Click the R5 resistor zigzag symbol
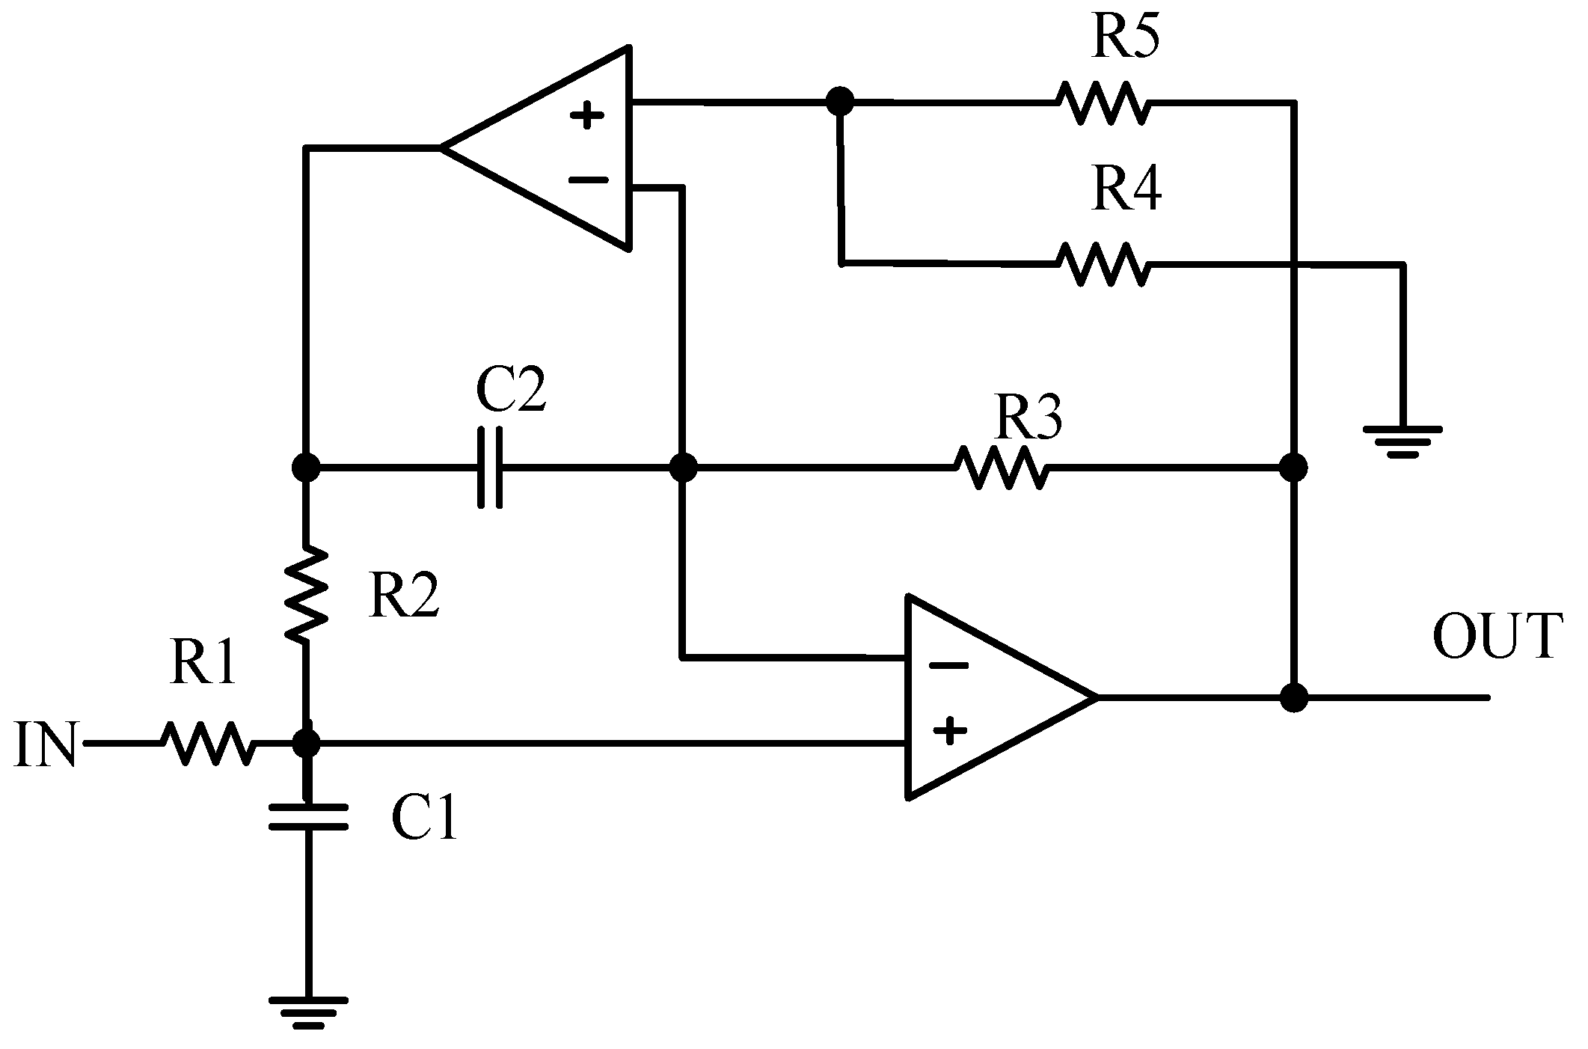pyautogui.click(x=1103, y=103)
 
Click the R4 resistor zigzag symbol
pyautogui.click(x=1103, y=263)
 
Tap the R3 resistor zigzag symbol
pyautogui.click(x=1001, y=468)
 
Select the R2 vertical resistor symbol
pyautogui.click(x=306, y=593)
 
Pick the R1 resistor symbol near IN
pyautogui.click(x=208, y=743)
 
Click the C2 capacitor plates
pyautogui.click(x=490, y=468)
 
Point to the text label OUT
pyautogui.click(x=1497, y=637)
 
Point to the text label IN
pyautogui.click(x=45, y=744)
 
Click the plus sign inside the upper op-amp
pyautogui.click(x=587, y=116)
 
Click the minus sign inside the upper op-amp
pyautogui.click(x=588, y=180)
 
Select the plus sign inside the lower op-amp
pyautogui.click(x=950, y=731)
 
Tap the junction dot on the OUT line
pyautogui.click(x=1293, y=697)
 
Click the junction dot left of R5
pyautogui.click(x=839, y=101)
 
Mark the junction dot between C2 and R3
pyautogui.click(x=682, y=468)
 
